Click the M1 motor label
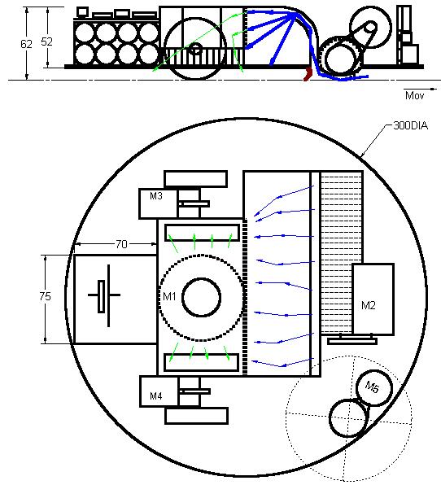click(169, 297)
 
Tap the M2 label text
click(368, 306)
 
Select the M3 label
click(156, 196)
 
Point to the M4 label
click(156, 396)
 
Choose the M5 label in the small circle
click(372, 387)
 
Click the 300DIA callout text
click(410, 125)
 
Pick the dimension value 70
click(121, 244)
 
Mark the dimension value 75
click(45, 297)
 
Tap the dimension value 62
click(26, 44)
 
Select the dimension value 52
click(46, 42)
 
